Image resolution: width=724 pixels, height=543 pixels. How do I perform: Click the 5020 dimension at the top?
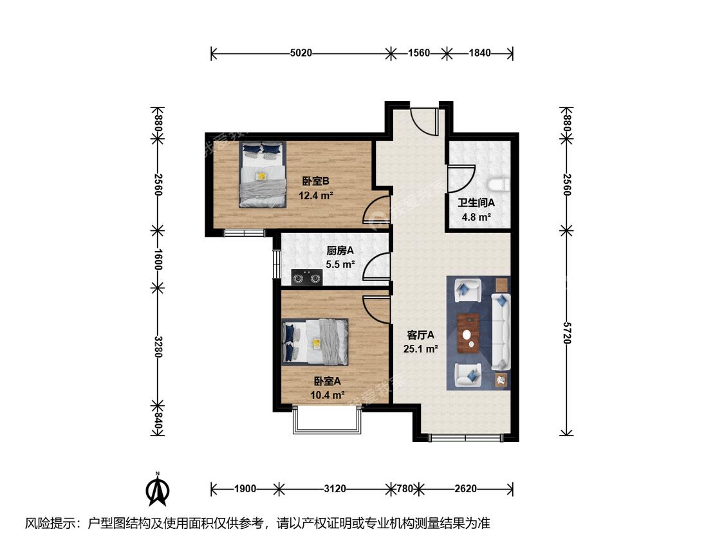point(301,53)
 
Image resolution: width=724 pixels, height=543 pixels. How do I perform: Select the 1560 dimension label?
point(419,53)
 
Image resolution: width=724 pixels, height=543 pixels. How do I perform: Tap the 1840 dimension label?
point(479,53)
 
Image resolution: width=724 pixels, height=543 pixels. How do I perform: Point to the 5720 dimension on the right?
point(567,332)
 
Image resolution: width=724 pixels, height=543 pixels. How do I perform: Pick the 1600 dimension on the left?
point(158,259)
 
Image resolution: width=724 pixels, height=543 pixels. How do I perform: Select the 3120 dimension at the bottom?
point(335,488)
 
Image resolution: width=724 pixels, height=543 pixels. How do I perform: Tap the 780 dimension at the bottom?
point(405,488)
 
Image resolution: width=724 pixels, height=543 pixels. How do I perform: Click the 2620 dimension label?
point(465,488)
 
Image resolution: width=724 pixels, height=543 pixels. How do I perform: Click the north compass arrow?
point(158,490)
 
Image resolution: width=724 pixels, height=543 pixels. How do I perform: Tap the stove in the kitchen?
point(306,278)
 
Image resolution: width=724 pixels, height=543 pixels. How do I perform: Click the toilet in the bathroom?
point(500,185)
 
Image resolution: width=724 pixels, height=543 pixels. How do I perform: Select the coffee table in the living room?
point(469,333)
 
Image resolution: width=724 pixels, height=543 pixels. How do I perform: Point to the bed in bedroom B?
point(263,174)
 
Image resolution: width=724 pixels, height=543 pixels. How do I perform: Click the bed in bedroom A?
point(315,342)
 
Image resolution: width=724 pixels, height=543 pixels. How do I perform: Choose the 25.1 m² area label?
point(420,349)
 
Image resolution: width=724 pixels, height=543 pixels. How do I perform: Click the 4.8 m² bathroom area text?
point(476,217)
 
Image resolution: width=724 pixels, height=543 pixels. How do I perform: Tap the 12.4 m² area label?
point(316,196)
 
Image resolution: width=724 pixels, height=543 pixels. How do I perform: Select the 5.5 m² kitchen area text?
point(340,264)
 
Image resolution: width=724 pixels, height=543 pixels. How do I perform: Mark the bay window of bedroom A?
point(327,420)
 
